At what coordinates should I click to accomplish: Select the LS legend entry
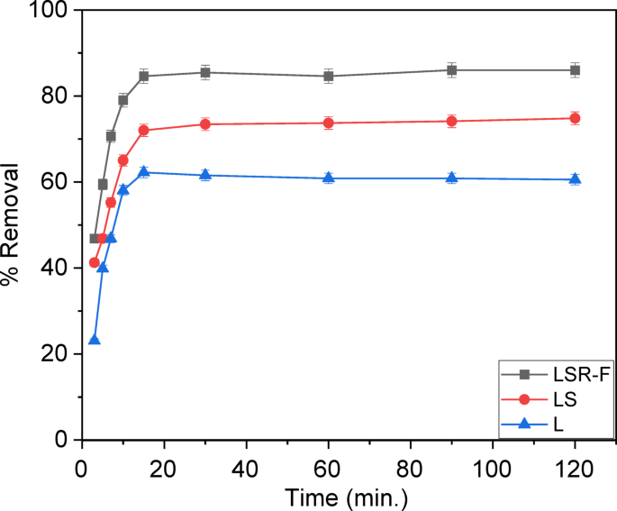549,397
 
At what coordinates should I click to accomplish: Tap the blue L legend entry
549,421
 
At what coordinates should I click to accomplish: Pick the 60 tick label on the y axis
59,182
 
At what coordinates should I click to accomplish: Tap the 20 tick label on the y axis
59,354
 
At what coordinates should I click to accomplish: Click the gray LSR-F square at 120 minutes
575,70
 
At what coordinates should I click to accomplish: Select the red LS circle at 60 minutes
329,123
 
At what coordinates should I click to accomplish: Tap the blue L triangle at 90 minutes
451,178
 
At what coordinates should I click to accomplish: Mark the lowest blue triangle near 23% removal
95,340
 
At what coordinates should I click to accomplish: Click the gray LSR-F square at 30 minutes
205,72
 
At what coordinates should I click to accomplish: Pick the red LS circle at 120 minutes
575,118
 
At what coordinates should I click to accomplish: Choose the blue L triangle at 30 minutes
205,175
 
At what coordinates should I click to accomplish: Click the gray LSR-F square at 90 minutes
451,70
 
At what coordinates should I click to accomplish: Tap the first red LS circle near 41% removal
95,262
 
